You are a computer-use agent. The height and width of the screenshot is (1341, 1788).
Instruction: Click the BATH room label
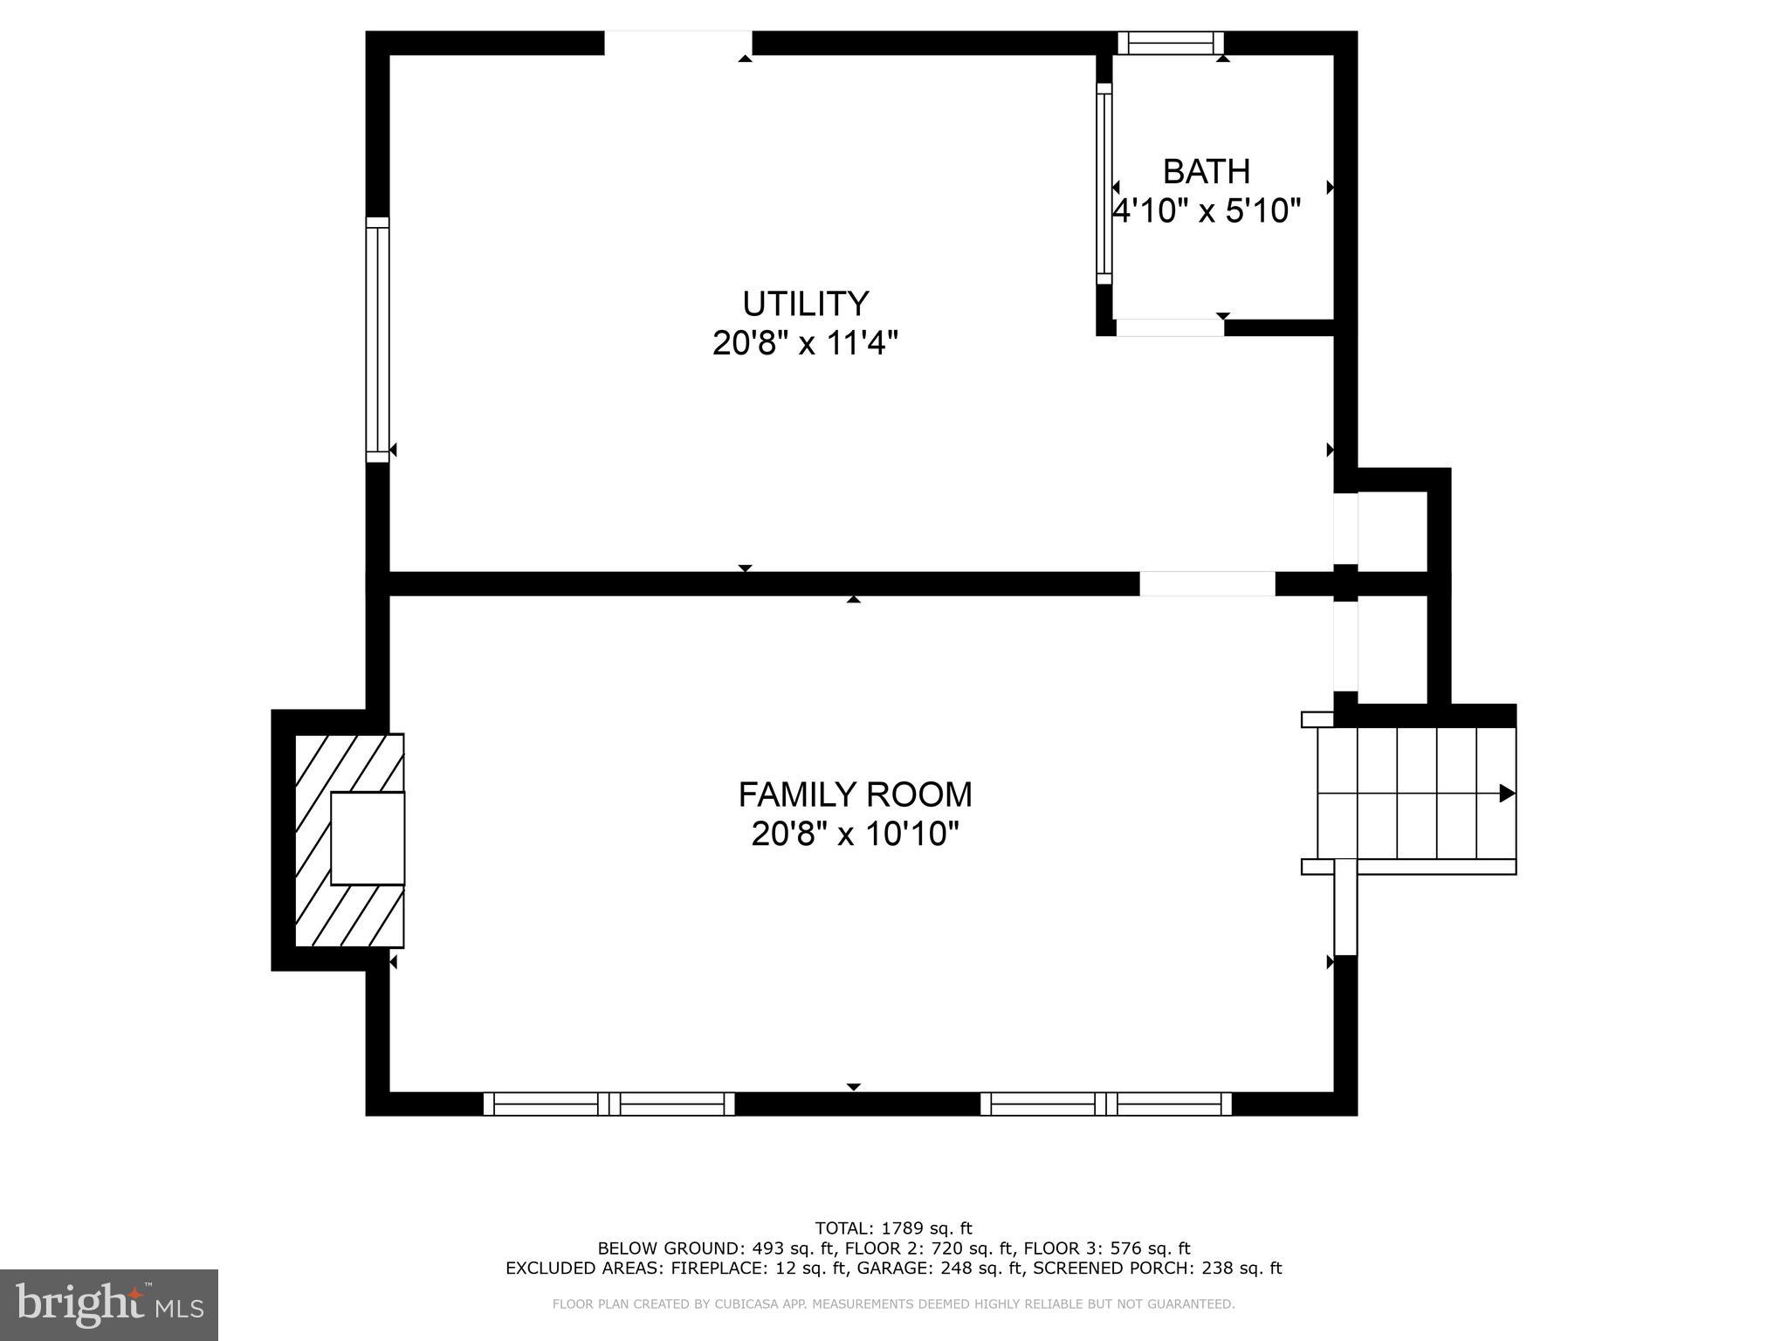(x=1206, y=172)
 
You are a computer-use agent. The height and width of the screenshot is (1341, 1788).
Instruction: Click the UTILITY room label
(x=805, y=304)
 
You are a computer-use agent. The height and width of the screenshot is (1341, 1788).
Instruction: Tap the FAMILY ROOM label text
(x=855, y=794)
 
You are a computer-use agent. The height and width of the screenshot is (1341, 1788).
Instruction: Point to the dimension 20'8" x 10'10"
(x=855, y=835)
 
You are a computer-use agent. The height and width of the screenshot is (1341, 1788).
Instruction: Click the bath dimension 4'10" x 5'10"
(x=1206, y=211)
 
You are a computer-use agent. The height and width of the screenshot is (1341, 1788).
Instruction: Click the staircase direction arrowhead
(x=1506, y=793)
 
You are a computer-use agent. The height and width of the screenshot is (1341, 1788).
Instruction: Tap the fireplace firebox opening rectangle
(x=368, y=838)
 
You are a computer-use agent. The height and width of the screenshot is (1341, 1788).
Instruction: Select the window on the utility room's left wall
(x=377, y=340)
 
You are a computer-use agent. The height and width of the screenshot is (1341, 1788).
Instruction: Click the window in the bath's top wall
(x=1170, y=43)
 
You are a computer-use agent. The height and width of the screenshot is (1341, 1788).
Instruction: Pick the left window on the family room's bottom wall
(x=609, y=1104)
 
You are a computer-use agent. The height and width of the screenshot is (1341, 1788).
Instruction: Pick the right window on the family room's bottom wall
(x=1105, y=1104)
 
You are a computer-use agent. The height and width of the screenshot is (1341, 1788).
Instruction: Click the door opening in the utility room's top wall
(x=678, y=43)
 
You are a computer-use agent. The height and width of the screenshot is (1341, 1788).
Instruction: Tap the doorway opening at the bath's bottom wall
(x=1170, y=327)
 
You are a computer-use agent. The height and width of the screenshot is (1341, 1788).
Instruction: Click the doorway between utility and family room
(x=1207, y=583)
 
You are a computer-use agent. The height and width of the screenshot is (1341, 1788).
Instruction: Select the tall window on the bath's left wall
(x=1104, y=183)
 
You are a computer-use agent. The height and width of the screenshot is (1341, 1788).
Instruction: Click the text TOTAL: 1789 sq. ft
(x=893, y=1228)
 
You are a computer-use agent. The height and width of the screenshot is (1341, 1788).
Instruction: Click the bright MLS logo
(x=109, y=1304)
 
